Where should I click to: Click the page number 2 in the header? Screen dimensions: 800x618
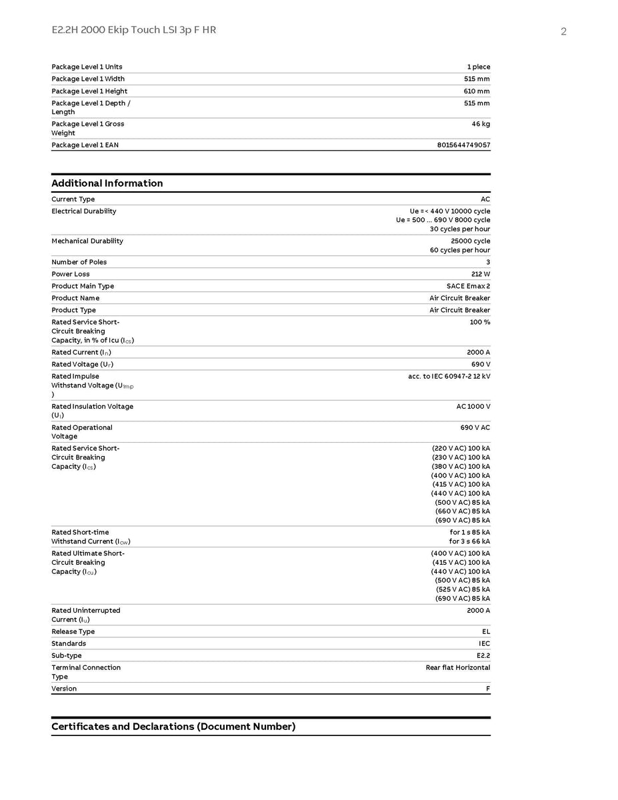point(563,31)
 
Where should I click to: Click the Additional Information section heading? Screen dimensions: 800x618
point(107,183)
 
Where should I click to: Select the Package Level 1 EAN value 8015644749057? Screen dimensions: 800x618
point(463,145)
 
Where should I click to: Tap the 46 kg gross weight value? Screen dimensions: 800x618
point(481,124)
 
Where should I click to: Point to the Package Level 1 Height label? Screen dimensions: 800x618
point(89,91)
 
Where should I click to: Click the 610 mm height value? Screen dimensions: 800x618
point(477,91)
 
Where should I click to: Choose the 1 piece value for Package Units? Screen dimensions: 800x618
point(478,67)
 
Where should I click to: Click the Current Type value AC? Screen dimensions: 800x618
point(485,199)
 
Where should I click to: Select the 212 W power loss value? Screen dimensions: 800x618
point(480,274)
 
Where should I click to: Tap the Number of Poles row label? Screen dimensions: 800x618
point(79,262)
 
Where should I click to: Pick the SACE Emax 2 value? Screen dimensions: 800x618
point(468,286)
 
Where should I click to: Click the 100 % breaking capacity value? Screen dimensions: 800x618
point(480,322)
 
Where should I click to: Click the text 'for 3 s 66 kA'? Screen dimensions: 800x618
point(469,541)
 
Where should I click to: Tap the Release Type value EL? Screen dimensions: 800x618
point(485,631)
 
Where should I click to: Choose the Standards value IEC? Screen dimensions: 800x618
point(484,643)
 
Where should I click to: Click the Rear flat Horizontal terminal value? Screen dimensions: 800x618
point(457,667)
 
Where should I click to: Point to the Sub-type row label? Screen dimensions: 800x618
point(67,655)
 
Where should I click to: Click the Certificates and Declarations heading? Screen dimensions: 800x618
point(173,727)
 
